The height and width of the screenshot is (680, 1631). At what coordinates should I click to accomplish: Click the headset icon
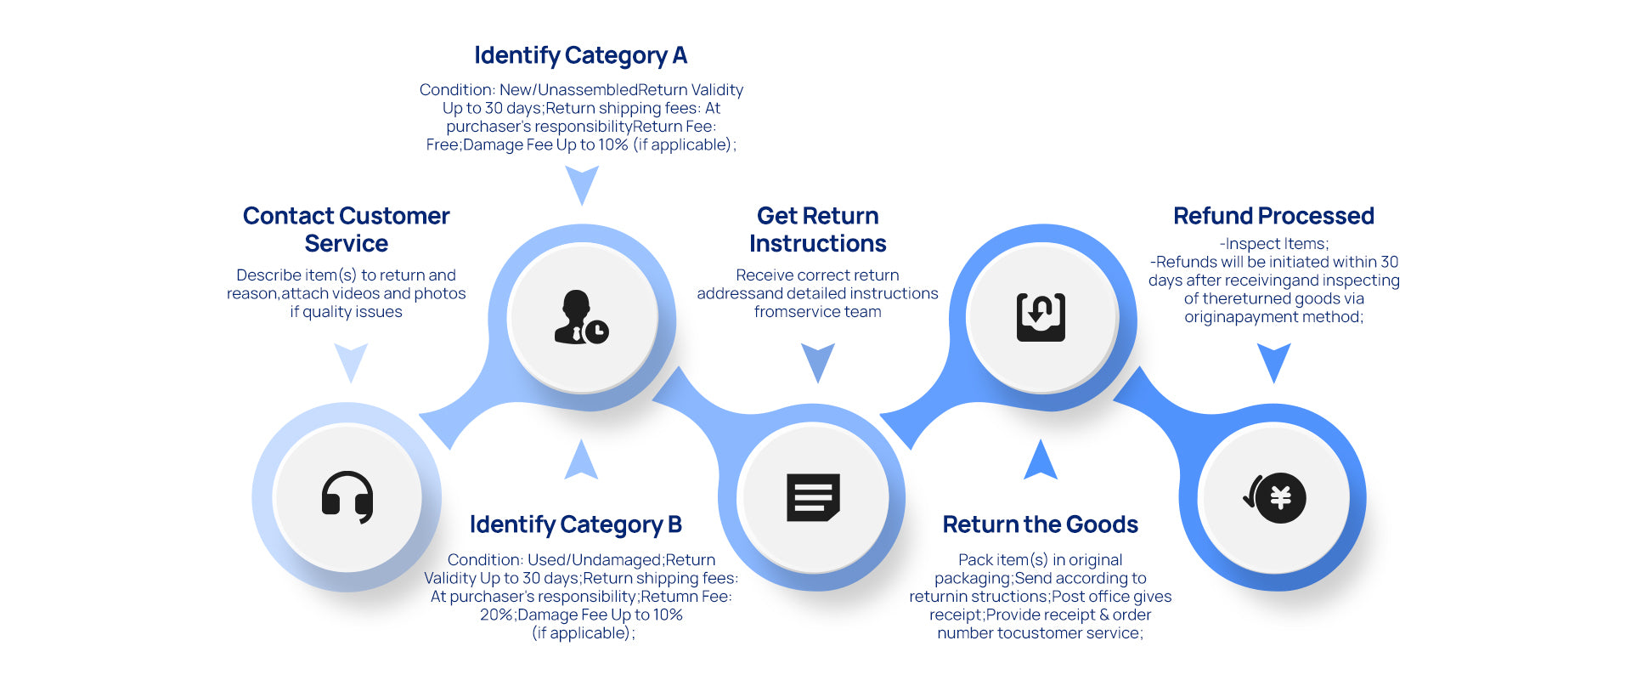(347, 497)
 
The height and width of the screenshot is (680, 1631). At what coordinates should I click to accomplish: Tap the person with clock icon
(582, 317)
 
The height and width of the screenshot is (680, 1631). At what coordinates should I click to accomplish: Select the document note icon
(813, 497)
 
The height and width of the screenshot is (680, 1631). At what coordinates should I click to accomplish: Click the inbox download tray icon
(1041, 317)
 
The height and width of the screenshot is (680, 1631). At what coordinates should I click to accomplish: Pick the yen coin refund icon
(1274, 497)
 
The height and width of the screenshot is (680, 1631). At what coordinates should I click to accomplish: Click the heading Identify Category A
(581, 56)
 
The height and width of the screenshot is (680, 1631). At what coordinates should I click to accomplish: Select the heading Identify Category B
(576, 525)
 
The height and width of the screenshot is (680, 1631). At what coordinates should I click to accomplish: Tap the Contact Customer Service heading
(347, 229)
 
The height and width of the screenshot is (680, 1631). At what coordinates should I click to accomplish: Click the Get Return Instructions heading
(817, 229)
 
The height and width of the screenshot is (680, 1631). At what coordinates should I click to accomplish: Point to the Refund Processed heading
(1273, 216)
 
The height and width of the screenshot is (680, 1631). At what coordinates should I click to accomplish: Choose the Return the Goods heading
(1040, 525)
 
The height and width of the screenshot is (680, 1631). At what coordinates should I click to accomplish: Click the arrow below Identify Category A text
(582, 184)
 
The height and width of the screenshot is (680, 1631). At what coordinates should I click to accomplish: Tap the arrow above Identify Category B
(582, 460)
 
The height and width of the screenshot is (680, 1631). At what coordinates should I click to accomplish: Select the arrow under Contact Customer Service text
(351, 362)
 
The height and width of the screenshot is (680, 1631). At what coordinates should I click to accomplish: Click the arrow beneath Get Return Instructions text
(818, 362)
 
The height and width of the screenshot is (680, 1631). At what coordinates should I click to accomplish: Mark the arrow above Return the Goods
(1041, 460)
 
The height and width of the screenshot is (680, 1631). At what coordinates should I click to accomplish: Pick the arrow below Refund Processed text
(1273, 362)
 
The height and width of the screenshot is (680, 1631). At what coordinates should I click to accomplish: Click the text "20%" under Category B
(495, 615)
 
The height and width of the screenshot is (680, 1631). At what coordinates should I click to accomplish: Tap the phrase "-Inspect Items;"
(1273, 244)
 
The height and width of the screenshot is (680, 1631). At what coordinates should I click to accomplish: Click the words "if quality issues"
(347, 312)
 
